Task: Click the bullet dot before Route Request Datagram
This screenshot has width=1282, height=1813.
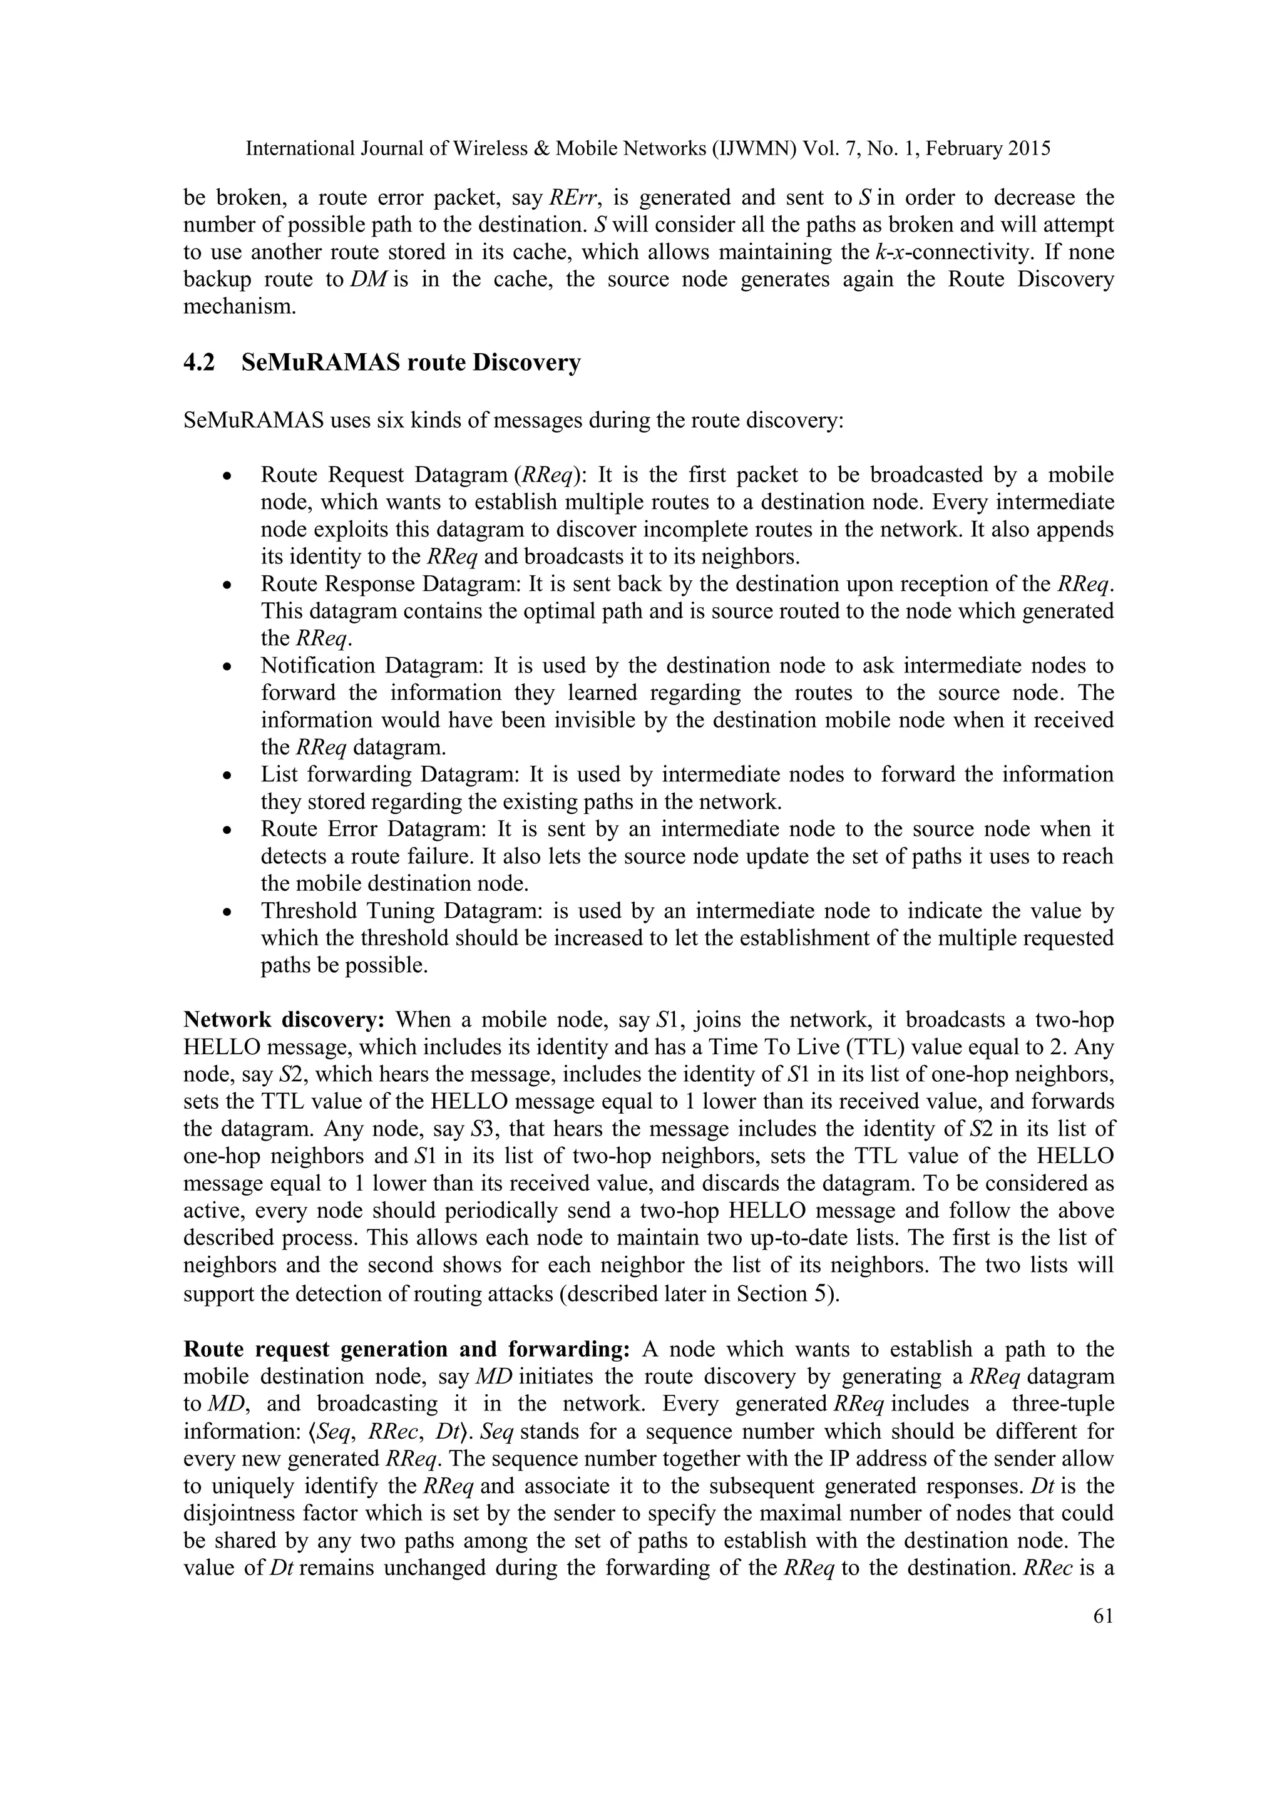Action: [227, 477]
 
